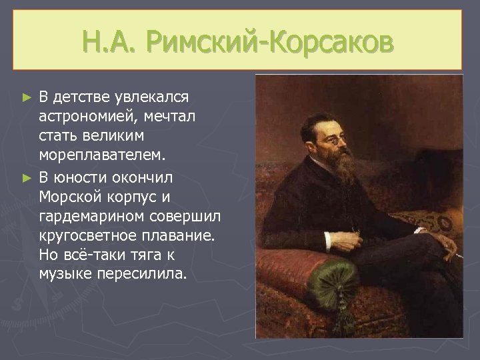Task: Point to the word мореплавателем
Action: click(x=100, y=155)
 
